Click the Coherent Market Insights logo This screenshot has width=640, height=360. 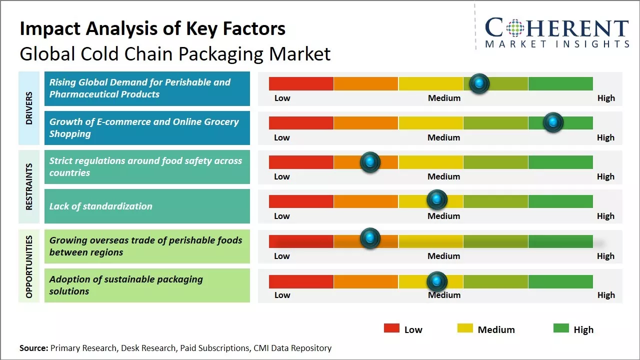tap(556, 32)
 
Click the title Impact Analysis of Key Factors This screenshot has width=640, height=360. tap(152, 28)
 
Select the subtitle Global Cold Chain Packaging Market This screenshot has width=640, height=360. tap(175, 53)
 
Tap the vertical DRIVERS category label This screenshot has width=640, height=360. tap(29, 108)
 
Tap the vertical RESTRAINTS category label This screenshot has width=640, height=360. tap(29, 186)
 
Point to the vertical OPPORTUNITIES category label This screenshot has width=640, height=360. tap(29, 266)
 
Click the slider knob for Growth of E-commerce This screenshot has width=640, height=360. tap(553, 122)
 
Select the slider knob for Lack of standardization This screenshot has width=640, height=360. tap(437, 200)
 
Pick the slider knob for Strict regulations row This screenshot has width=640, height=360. tap(370, 162)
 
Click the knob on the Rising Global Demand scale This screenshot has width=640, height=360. tap(479, 83)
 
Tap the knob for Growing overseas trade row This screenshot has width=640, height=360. tap(370, 238)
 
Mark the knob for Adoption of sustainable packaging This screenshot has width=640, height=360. tap(437, 281)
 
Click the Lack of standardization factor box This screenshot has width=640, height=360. tap(147, 206)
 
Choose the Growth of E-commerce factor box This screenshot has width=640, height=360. tap(147, 128)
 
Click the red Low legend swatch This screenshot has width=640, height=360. tap(391, 328)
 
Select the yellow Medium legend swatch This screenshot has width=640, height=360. tap(465, 328)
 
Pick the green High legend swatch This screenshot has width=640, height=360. tap(561, 328)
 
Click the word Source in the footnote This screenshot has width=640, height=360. tap(33, 348)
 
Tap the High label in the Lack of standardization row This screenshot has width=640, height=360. tap(605, 216)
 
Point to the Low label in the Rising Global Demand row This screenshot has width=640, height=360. tap(282, 98)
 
